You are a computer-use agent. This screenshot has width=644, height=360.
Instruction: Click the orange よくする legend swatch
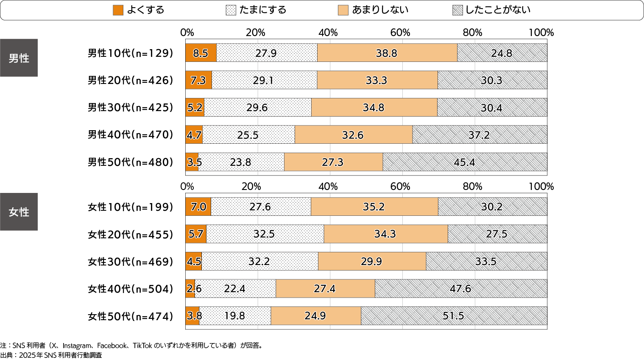118,10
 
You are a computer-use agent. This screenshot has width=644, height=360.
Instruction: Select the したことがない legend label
498,10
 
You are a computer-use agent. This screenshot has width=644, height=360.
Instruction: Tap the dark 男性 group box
19,58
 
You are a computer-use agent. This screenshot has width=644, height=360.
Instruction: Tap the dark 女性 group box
19,212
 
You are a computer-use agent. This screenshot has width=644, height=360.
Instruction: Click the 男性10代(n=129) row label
130,53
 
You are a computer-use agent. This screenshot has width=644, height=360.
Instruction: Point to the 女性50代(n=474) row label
130,316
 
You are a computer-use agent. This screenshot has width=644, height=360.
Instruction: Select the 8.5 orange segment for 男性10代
201,53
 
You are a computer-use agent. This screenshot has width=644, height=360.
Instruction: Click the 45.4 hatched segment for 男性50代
465,162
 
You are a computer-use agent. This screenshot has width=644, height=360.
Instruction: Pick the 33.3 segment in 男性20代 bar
377,80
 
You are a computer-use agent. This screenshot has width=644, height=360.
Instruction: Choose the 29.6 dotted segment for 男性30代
257,107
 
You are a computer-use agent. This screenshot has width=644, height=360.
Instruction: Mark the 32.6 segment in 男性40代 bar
353,135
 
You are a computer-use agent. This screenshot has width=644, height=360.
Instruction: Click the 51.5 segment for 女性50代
454,316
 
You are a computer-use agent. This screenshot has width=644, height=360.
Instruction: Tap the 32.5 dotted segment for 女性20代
265,234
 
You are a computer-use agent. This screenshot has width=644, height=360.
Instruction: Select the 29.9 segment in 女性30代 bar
372,261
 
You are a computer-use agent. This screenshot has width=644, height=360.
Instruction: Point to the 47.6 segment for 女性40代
461,289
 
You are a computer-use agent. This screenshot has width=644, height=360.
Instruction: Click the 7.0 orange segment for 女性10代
198,207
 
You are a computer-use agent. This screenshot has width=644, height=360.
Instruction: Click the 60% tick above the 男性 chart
400,33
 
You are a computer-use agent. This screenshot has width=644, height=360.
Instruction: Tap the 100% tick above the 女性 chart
541,187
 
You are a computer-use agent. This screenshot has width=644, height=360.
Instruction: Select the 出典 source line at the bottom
51,355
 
